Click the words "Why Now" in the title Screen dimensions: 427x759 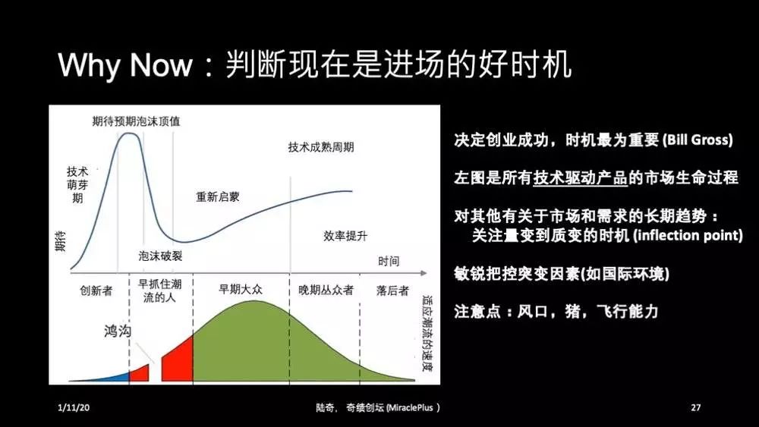pyautogui.click(x=125, y=66)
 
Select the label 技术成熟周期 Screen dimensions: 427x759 pyautogui.click(x=320, y=146)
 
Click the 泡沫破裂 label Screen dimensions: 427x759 pyautogui.click(x=160, y=256)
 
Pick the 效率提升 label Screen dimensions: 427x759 pyautogui.click(x=345, y=236)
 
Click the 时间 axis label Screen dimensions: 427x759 pyautogui.click(x=388, y=262)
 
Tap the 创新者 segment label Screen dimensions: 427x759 pyautogui.click(x=96, y=290)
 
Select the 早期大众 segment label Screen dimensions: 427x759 pyautogui.click(x=240, y=290)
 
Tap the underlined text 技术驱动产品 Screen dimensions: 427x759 pyautogui.click(x=580, y=178)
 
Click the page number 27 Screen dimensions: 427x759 pyautogui.click(x=696, y=408)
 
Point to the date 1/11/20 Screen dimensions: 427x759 pyautogui.click(x=74, y=408)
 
